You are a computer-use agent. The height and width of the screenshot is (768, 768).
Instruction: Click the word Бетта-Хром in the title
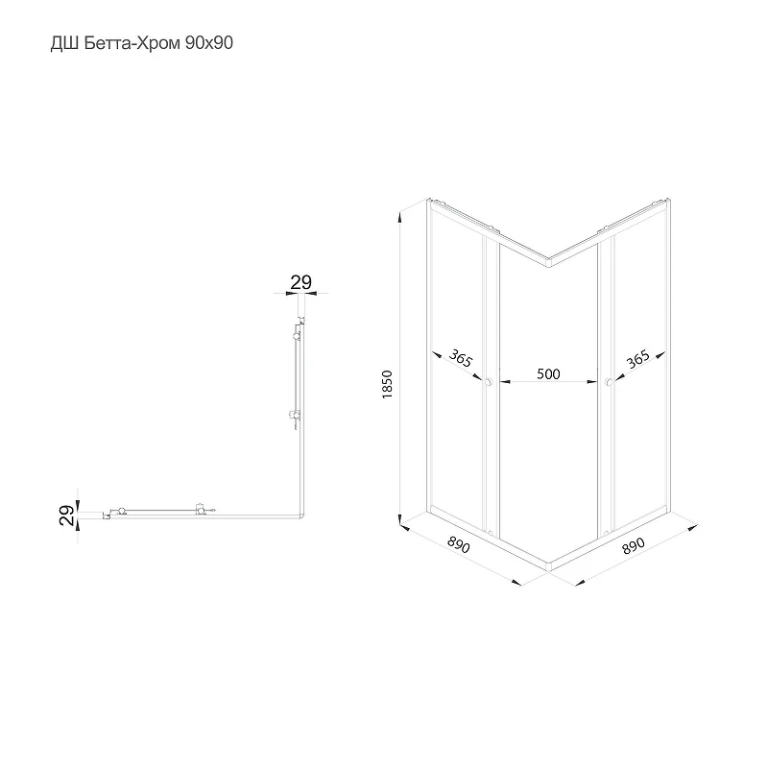point(132,43)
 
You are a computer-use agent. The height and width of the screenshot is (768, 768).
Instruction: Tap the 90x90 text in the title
point(208,43)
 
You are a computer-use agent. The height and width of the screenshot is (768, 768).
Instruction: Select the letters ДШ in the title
point(64,44)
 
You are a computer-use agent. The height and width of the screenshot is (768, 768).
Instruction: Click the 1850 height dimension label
point(387,385)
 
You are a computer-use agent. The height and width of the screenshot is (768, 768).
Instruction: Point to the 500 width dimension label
point(548,373)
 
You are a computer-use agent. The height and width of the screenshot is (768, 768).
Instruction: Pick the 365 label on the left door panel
point(461,358)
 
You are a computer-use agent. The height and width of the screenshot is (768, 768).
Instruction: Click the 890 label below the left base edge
point(459,544)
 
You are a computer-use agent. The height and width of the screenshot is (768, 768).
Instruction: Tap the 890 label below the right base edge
point(634,545)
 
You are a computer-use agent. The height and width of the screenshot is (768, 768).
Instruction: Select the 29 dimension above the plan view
point(300,282)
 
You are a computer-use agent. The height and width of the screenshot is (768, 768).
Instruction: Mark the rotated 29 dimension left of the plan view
point(67,516)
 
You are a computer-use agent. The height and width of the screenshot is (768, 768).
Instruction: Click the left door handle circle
point(488,382)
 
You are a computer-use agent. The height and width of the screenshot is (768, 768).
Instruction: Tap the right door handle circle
point(609,382)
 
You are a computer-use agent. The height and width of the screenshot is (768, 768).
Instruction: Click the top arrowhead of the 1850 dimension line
point(400,217)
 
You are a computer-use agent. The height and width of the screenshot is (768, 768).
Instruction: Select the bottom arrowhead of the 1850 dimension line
point(400,518)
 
